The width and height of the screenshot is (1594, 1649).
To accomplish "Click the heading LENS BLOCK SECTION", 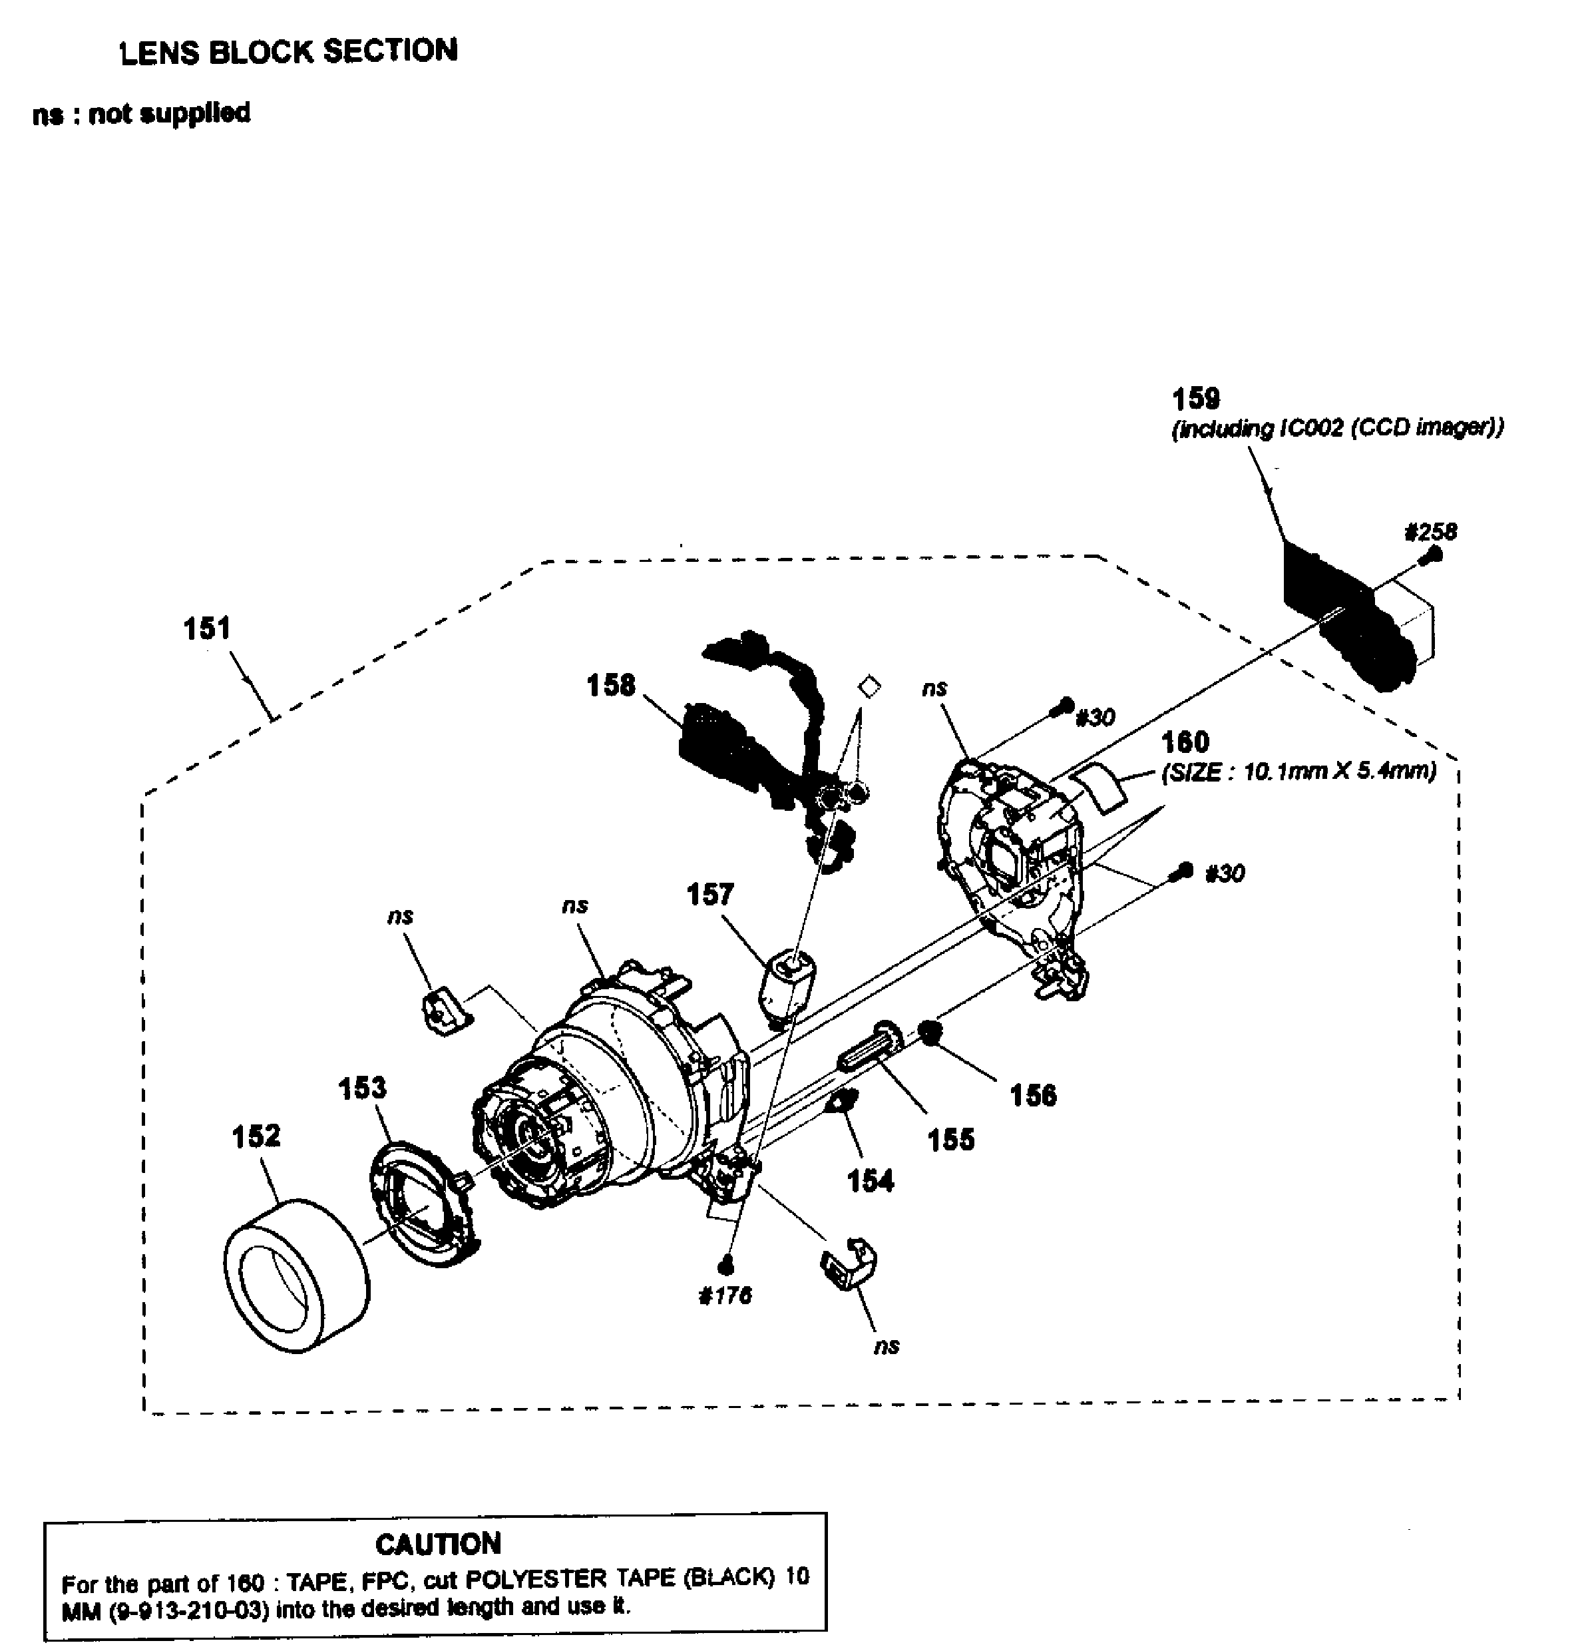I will [x=289, y=51].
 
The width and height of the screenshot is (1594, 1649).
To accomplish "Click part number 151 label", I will [x=207, y=628].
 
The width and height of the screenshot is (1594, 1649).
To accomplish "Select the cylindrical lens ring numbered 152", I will [x=296, y=1275].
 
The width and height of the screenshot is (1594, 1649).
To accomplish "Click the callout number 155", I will [x=950, y=1140].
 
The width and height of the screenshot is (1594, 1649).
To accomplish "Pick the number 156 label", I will [x=1032, y=1095].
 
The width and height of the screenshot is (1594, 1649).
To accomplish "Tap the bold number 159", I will [x=1195, y=398].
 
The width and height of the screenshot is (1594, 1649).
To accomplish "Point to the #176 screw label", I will [x=724, y=1296].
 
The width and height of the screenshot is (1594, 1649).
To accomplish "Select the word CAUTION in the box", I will [x=437, y=1544].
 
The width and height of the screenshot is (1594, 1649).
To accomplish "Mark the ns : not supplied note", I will [x=141, y=113].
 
